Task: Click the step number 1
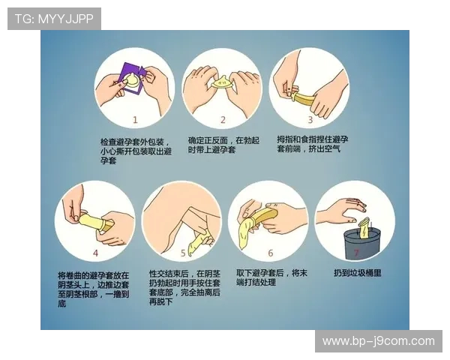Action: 135,119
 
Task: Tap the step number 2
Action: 222,119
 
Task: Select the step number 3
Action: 310,119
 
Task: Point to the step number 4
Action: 95,253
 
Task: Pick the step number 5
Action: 182,253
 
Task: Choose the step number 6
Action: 270,253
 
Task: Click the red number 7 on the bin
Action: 356,253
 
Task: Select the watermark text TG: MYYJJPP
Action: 54,19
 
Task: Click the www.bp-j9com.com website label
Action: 378,341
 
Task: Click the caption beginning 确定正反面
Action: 222,145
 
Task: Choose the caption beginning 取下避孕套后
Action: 271,277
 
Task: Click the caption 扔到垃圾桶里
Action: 358,273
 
